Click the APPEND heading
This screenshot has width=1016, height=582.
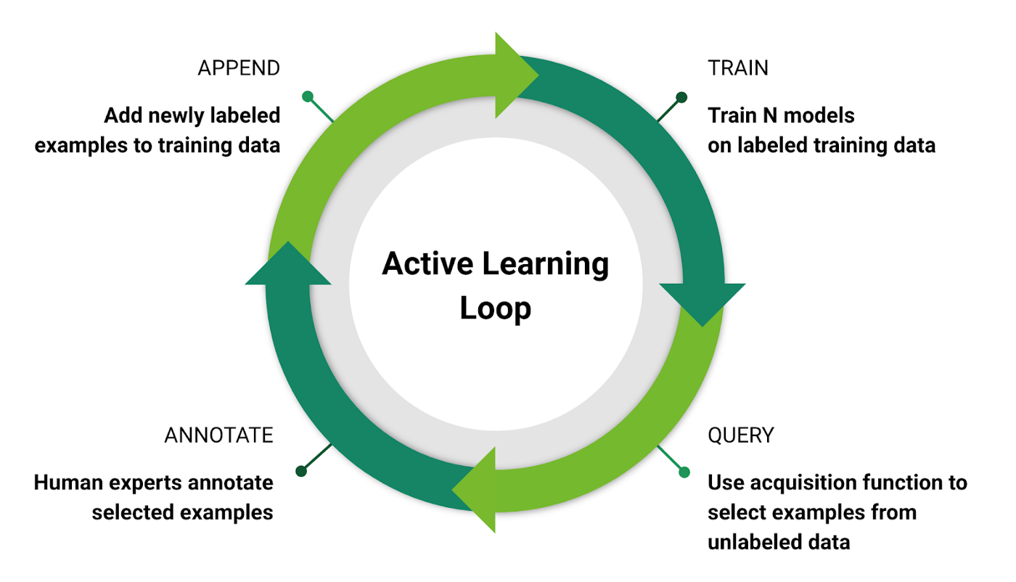pyautogui.click(x=239, y=68)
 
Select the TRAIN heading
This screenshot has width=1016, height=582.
pyautogui.click(x=738, y=68)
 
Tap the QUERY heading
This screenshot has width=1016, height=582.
pyautogui.click(x=741, y=435)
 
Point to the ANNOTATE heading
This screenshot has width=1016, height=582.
pyautogui.click(x=218, y=435)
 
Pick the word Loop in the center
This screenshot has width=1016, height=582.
pyautogui.click(x=496, y=308)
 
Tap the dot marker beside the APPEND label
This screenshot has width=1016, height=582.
pyautogui.click(x=308, y=97)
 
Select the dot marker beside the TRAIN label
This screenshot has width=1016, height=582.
pyautogui.click(x=681, y=97)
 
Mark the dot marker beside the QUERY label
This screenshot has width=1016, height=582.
pyautogui.click(x=684, y=472)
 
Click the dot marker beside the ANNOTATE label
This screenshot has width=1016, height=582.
pyautogui.click(x=302, y=472)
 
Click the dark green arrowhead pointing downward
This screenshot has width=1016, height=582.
pyautogui.click(x=702, y=302)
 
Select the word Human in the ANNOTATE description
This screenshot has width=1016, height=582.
pyautogui.click(x=71, y=483)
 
